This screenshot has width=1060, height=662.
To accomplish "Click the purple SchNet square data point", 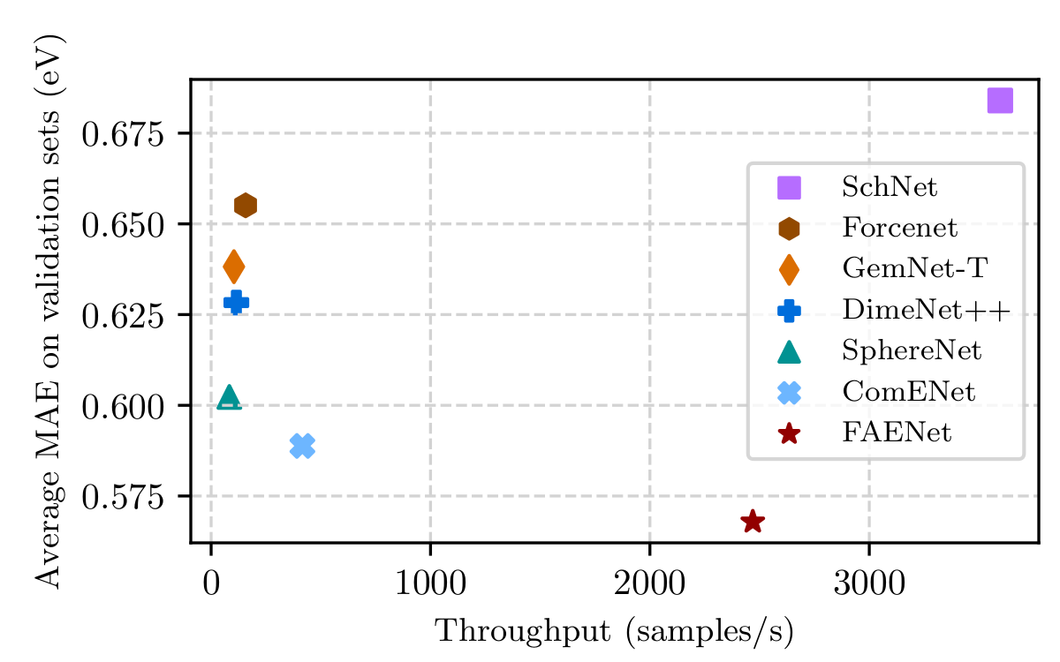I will pos(1000,101).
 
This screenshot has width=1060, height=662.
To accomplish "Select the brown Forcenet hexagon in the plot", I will pos(246,206).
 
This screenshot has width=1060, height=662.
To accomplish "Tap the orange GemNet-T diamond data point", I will pos(234,265).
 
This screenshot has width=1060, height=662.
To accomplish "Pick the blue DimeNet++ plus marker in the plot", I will pos(236,302).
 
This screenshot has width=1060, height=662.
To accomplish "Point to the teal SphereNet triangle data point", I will pos(230,397).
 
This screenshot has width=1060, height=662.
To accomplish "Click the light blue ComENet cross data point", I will pos(302,446).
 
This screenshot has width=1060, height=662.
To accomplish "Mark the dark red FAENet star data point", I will pos(753,522).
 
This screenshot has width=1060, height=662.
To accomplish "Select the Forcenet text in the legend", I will pos(899,229).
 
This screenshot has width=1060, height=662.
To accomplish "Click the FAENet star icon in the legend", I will pos(789,433).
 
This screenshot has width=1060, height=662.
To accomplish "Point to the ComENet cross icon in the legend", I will pos(789,392).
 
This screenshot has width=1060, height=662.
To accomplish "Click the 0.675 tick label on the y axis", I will pos(124,134).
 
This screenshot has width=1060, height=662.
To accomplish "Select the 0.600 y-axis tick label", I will pos(124,406).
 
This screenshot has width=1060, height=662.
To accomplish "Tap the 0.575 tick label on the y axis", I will pos(124,497).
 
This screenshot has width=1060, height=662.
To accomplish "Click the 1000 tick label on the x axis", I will pos(430,585).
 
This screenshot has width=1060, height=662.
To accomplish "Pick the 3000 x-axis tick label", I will pos(869,585).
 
